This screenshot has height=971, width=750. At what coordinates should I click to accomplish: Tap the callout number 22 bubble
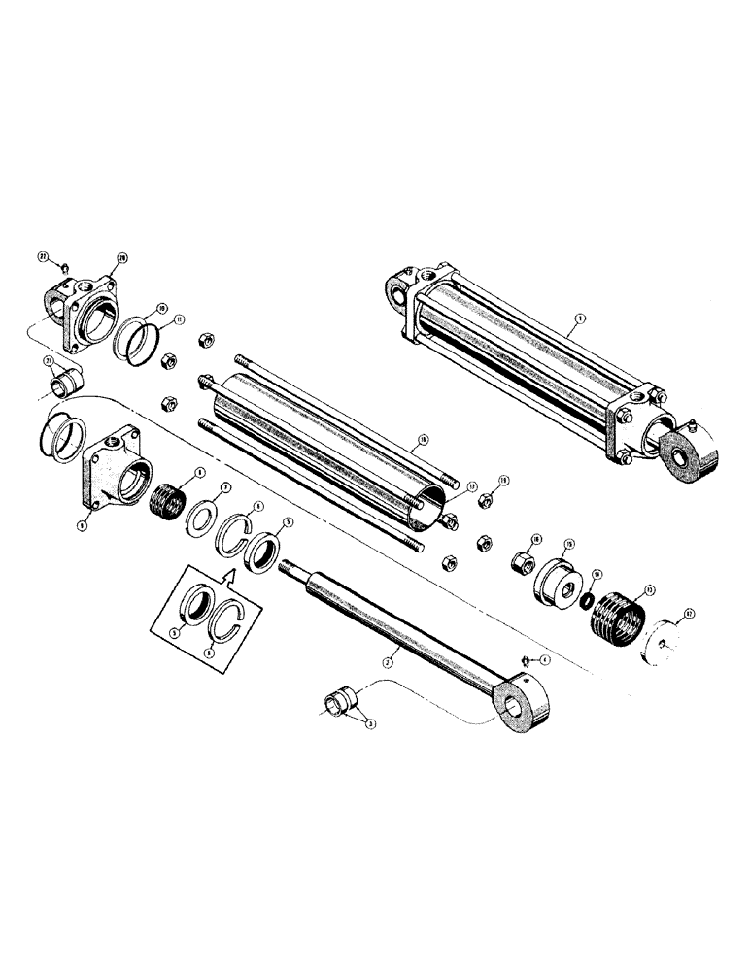coord(44,257)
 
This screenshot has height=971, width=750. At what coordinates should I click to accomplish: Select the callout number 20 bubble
coord(123,257)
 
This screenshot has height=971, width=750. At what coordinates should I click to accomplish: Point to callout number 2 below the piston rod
coord(387,661)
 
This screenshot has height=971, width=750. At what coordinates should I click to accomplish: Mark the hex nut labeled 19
coord(482,501)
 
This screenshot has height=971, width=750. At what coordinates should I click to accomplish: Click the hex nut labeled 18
coord(522,561)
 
